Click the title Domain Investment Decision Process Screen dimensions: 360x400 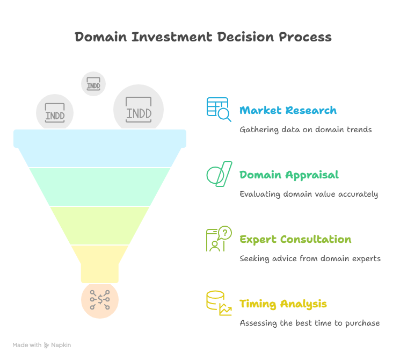203,37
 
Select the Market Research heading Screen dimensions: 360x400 288,111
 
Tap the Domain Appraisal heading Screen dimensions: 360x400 289,175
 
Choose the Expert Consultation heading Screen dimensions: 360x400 295,240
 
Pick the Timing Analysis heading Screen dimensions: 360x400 283,304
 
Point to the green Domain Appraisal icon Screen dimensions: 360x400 219,174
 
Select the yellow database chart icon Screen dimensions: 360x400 219,303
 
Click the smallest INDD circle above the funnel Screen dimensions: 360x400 93,84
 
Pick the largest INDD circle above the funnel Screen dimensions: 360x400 139,110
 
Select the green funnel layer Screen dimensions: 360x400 100,186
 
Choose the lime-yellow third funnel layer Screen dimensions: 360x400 100,225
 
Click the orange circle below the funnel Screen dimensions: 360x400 100,300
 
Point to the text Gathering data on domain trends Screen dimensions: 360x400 306,129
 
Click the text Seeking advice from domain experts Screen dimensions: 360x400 310,258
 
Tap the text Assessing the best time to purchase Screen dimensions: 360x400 310,323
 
